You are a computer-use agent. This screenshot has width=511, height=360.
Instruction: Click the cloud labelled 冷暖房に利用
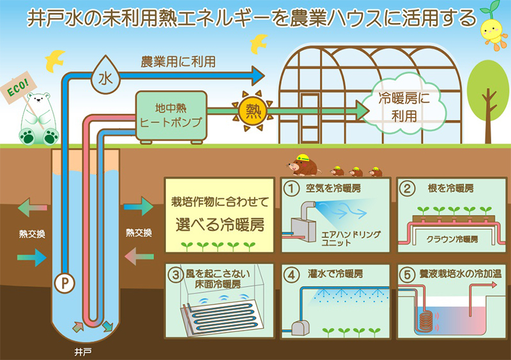click(402, 107)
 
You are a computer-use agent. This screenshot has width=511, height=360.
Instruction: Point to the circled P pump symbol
click(63, 279)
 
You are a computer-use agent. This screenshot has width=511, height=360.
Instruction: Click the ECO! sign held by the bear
click(16, 89)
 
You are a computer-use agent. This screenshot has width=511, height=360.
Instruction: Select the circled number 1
click(292, 188)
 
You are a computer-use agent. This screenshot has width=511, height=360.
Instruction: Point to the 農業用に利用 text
click(178, 62)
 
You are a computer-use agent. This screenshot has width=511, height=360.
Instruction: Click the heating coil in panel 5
click(425, 319)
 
